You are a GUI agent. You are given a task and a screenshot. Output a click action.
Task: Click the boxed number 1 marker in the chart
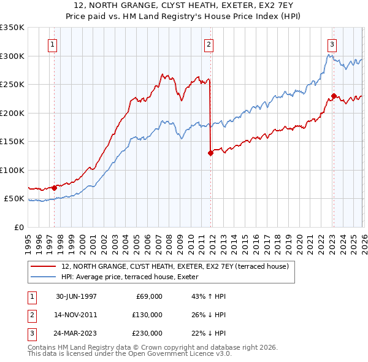coord(53,44)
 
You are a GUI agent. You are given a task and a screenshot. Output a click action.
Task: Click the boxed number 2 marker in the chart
coord(209,44)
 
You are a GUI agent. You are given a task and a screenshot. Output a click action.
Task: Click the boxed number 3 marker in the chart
coord(332,44)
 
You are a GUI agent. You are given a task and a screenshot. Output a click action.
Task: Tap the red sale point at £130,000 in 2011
coord(210,153)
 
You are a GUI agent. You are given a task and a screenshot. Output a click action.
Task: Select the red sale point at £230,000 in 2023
coord(334,96)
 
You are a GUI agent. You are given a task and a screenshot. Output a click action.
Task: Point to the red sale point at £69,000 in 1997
coord(55,188)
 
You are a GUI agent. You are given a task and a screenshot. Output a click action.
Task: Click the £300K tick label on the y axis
coord(12,56)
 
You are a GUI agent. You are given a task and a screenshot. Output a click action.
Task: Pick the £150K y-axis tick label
coord(12,142)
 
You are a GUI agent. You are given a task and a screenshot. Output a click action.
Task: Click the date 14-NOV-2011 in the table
coord(76,315)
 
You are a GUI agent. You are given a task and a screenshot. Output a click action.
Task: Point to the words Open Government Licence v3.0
coord(178,354)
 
